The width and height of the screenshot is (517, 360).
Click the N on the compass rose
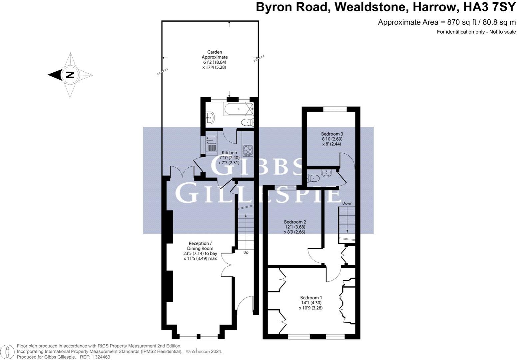[70, 75]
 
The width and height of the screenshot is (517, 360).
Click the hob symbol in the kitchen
[248, 150]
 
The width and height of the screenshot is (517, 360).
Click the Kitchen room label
[229, 158]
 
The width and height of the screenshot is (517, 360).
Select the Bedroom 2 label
[294, 227]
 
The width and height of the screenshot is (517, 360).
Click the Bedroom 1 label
[311, 303]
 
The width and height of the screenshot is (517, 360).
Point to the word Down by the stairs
[347, 203]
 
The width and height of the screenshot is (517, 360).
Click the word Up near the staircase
[246, 252]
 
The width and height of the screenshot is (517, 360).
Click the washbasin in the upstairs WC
[326, 173]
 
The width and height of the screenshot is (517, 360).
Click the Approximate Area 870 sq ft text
[446, 22]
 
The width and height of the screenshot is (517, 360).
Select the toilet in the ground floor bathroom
[247, 122]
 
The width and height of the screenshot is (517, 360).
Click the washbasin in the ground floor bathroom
[210, 117]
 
